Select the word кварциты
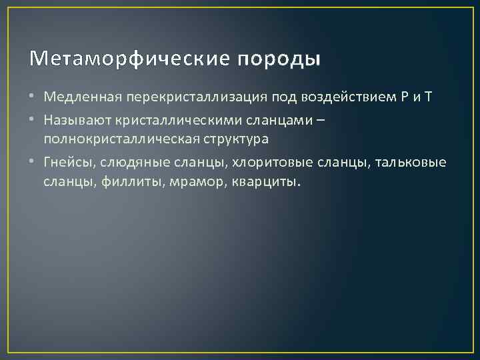265,183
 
